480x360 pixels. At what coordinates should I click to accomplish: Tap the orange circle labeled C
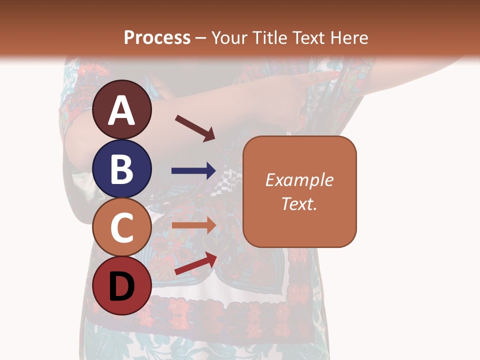coord(122,227)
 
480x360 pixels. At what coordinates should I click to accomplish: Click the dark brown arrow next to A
coord(195,128)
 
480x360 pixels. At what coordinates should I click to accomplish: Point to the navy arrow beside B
coord(193,171)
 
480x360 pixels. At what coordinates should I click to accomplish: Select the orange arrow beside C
coord(193,225)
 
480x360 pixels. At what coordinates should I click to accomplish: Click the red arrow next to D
coord(195,263)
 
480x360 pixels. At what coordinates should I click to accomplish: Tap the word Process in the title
coord(157,37)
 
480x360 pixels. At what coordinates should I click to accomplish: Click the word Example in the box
coord(299,180)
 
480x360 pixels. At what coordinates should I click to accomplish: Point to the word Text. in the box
coord(299,203)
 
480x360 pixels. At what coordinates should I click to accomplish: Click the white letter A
coord(122,111)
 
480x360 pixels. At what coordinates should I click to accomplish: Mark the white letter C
coord(122,227)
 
